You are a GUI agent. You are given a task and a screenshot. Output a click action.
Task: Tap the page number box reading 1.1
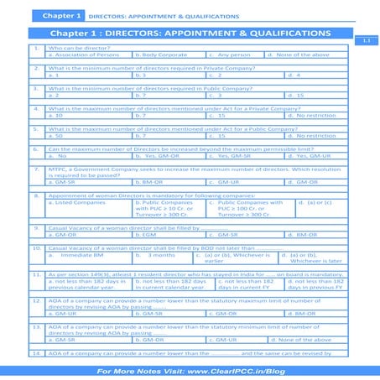click(x=366, y=40)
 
